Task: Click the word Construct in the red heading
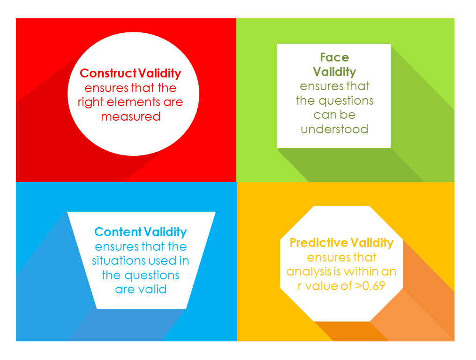click(x=108, y=73)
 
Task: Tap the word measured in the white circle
click(x=131, y=117)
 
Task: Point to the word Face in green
click(x=334, y=57)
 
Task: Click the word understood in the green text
click(x=334, y=130)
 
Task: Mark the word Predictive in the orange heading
click(x=319, y=243)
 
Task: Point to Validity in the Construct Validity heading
click(x=159, y=74)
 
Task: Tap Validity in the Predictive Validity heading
click(x=372, y=243)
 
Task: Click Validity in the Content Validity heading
click(x=165, y=232)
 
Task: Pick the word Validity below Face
click(x=334, y=72)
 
